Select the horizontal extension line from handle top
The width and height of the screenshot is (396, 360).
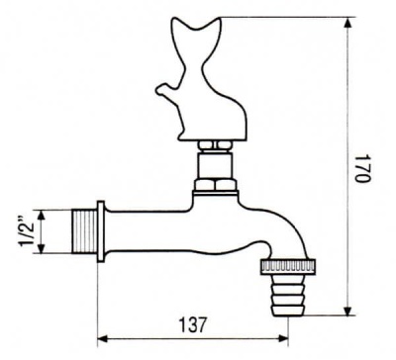[x=287, y=18]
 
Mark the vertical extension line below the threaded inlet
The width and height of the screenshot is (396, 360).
[x=96, y=297]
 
